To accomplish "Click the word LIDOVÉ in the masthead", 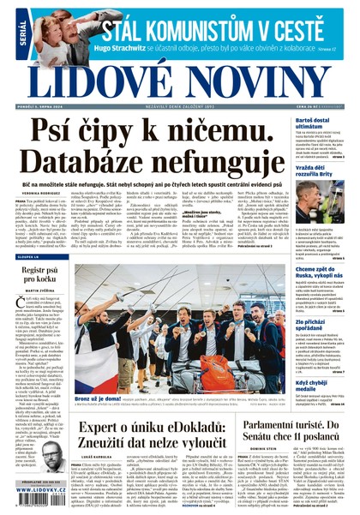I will [99, 78].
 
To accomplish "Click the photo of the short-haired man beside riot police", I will [320, 202].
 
